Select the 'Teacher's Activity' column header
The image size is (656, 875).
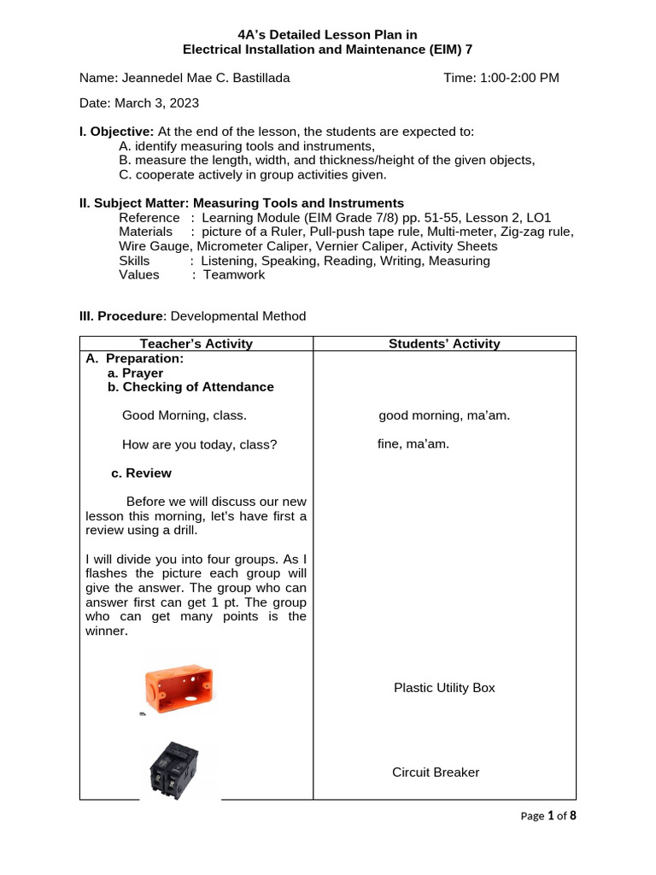click(196, 344)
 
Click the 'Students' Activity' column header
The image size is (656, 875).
click(444, 344)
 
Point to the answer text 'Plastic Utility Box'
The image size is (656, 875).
click(444, 687)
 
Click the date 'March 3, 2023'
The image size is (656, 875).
click(156, 103)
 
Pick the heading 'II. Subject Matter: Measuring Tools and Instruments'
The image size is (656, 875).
click(242, 203)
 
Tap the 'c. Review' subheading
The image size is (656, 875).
click(142, 473)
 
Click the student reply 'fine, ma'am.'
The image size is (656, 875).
click(413, 444)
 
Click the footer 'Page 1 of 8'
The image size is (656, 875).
click(548, 816)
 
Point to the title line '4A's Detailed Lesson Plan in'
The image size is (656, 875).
click(328, 35)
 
